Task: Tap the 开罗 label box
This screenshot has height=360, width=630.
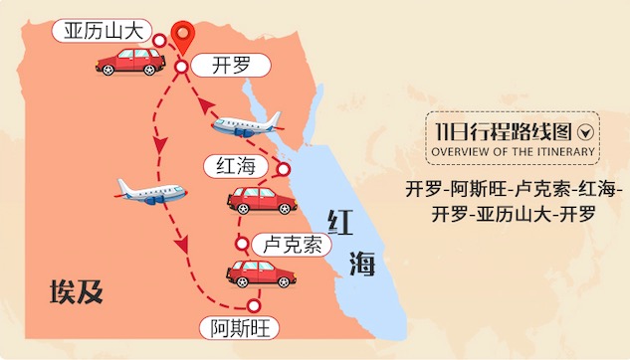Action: coord(230,66)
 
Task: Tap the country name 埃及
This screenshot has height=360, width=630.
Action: coord(77,291)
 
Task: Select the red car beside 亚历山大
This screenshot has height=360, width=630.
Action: coord(130,61)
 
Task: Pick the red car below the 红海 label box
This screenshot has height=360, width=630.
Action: coord(262,199)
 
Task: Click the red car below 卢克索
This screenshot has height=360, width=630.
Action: coord(261,271)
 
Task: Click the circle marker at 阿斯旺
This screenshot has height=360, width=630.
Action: coord(254,305)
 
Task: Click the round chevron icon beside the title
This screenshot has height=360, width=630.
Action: coord(585,131)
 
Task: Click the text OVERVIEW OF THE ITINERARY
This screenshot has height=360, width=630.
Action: coord(514,152)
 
